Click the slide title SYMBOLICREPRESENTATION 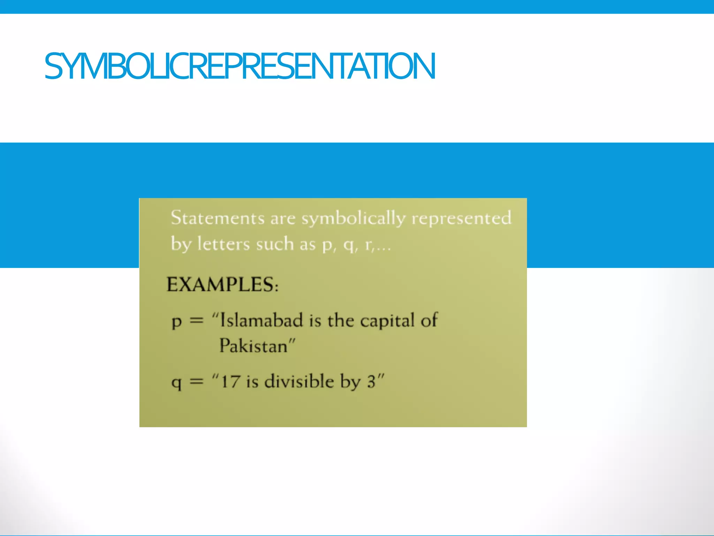click(240, 66)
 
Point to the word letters click(223, 244)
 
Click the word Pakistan click(253, 346)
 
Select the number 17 click(230, 381)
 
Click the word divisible click(299, 381)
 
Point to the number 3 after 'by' click(371, 381)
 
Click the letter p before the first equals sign click(177, 321)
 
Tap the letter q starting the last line click(177, 382)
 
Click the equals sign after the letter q click(196, 381)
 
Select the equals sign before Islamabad click(196, 320)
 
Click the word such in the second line click(275, 244)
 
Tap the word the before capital click(341, 320)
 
